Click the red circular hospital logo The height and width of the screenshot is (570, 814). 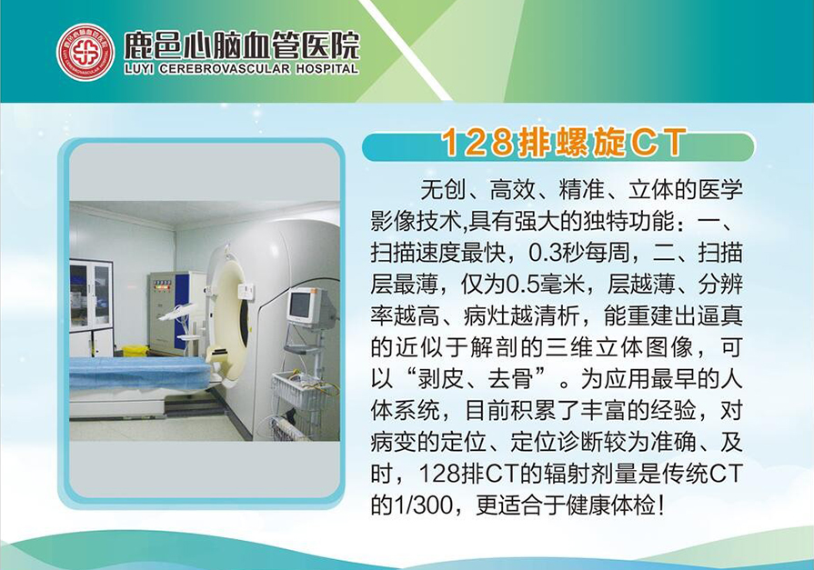coord(85,53)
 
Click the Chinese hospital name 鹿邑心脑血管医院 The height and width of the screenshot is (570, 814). coord(241,45)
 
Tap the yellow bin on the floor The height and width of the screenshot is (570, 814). coord(135,351)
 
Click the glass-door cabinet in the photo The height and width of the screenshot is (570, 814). coord(91,308)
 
